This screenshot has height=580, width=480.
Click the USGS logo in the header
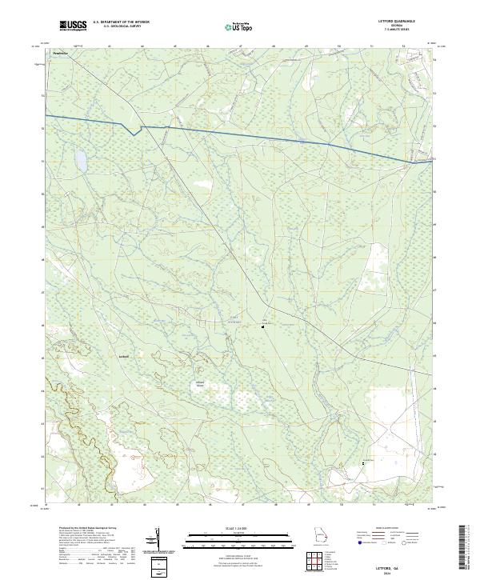[73, 26]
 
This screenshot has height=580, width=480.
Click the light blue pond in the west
[81, 162]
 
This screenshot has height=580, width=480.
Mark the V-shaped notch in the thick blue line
[134, 132]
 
